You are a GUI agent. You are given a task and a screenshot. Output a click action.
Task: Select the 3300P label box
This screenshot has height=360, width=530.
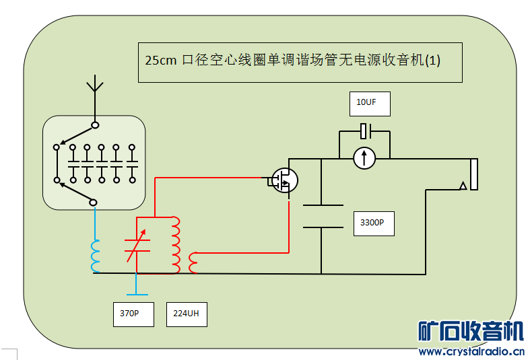pos(373,223)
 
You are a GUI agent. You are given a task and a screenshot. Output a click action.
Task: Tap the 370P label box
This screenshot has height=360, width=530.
pos(133,314)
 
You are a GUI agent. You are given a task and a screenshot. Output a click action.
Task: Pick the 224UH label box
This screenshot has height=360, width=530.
pos(186,314)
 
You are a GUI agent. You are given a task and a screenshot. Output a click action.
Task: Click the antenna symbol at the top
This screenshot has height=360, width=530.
pos(95,87)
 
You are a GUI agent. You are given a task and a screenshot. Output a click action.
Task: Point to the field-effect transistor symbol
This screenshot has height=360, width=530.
pos(284,180)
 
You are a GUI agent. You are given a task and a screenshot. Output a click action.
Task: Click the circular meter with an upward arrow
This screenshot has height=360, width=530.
pos(364,158)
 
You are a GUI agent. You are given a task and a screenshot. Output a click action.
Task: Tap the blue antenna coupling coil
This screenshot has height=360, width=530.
pos(96,256)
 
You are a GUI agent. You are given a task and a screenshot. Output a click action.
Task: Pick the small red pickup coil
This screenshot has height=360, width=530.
pos(194,262)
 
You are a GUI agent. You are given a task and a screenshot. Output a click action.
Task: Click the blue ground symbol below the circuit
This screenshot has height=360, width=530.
pos(137,293)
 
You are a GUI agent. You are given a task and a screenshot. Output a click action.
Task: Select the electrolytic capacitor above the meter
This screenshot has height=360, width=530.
pos(365,131)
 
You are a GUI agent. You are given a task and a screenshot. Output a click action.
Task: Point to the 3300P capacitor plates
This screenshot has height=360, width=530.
pos(321,216)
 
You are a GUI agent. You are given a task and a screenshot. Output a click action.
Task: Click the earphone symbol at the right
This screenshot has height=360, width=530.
pos(471,175)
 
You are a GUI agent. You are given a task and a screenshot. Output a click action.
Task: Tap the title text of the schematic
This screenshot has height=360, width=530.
pos(293,61)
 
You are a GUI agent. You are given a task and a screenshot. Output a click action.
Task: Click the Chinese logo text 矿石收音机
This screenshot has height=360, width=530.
pos(470,332)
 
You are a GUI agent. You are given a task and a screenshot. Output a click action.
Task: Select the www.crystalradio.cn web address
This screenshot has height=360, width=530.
pos(471,351)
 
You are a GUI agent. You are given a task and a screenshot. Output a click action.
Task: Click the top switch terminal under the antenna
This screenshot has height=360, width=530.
pos(96,125)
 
